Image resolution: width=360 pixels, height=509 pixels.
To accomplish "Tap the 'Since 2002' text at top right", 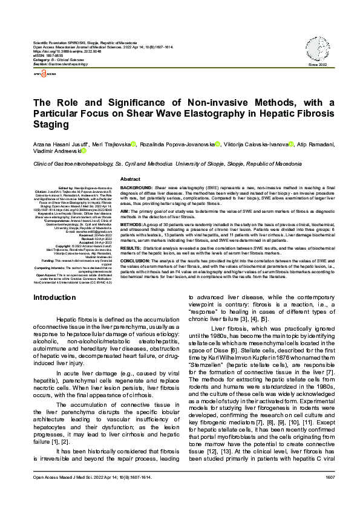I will coord(317,64).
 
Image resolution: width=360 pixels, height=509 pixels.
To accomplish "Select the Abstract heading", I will coord(131,180).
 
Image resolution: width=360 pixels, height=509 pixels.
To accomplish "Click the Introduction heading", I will coord(54,297).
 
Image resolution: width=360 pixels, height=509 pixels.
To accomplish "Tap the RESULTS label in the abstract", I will coord(132,247).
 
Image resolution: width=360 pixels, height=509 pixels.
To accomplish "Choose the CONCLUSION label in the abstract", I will coord(137,261).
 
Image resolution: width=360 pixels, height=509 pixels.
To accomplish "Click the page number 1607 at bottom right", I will coord(330,494).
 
